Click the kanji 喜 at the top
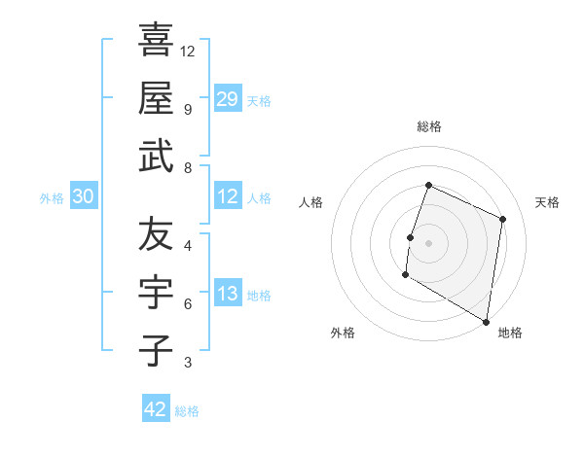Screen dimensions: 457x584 [x=156, y=41]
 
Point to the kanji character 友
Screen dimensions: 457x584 [x=156, y=236]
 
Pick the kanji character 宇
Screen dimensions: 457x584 [x=156, y=294]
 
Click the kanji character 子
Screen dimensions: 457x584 [x=156, y=350]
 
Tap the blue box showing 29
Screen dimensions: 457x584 [x=228, y=98]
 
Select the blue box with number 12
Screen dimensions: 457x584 [x=228, y=197]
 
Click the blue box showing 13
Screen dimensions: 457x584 [x=228, y=294]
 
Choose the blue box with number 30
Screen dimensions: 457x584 [x=84, y=197]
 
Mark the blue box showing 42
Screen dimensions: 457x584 [x=156, y=409]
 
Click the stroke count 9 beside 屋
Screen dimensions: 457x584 [x=187, y=110]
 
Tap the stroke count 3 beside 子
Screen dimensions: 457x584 [x=187, y=363]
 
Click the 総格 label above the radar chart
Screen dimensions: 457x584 [x=428, y=126]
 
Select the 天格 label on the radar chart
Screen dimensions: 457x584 [x=547, y=202]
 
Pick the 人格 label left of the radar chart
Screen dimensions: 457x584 [x=310, y=202]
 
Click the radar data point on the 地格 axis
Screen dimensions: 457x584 [x=486, y=321]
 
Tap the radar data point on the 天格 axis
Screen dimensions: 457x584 [x=503, y=219]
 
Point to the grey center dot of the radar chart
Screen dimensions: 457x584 [x=428, y=243]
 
